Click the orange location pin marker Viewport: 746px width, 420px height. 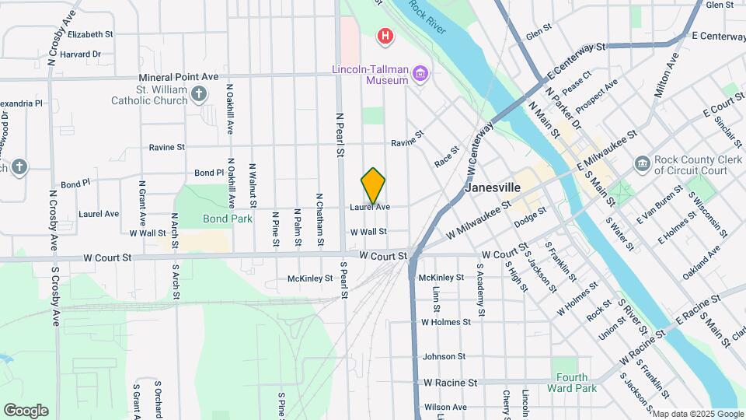[373, 186]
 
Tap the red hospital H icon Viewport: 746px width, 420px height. [384, 36]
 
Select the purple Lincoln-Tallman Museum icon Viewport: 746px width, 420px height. [421, 75]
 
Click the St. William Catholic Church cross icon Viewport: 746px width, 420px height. [199, 95]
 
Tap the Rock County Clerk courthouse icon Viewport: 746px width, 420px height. [642, 163]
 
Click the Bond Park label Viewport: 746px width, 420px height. [228, 219]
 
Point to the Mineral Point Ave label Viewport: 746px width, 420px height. [179, 78]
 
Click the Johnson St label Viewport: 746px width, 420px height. [444, 357]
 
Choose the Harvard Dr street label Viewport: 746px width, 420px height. [81, 54]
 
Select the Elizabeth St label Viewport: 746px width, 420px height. [90, 35]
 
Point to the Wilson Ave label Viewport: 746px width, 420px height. [445, 407]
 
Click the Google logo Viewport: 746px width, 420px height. [26, 411]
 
